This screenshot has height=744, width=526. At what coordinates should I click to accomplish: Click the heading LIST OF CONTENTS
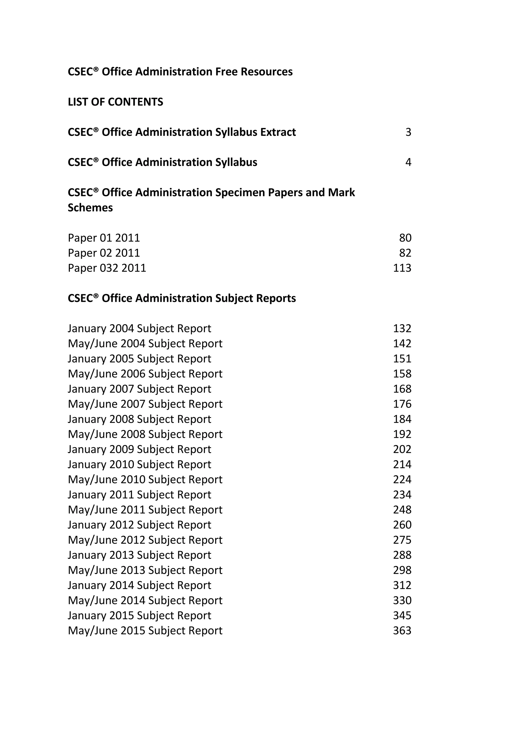[x=115, y=102]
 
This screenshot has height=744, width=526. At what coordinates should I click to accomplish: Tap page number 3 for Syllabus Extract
[x=408, y=132]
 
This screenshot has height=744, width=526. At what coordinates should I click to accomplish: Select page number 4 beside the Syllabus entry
[x=408, y=162]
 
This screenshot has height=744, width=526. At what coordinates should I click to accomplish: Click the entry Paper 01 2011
[x=104, y=238]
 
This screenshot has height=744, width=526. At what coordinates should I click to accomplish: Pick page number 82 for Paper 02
[x=405, y=253]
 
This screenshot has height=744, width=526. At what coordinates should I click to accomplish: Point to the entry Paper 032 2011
[x=107, y=268]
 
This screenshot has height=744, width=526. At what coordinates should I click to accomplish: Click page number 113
[x=402, y=268]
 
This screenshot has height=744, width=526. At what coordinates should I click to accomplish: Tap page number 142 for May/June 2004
[x=402, y=343]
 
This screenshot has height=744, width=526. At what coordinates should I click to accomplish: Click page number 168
[x=402, y=389]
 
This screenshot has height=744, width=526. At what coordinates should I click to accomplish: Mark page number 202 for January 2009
[x=402, y=449]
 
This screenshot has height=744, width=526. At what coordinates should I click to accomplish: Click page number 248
[x=402, y=510]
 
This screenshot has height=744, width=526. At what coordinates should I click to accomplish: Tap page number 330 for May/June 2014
[x=402, y=600]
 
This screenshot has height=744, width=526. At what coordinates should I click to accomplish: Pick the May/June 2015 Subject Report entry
[x=145, y=631]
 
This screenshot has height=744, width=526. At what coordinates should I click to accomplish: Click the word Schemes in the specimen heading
[x=90, y=208]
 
